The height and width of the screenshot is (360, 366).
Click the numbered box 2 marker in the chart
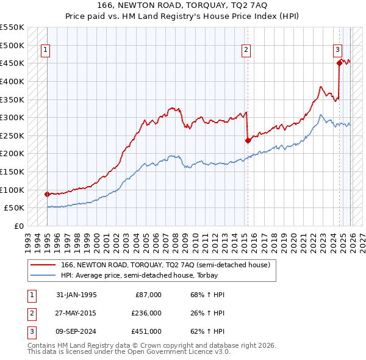click(x=246, y=51)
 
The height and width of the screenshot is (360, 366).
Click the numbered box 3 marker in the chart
click(x=337, y=51)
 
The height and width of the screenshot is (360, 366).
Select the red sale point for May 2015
click(x=248, y=140)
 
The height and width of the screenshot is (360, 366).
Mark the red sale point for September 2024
click(x=340, y=62)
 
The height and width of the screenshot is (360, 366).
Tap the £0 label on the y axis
click(x=18, y=226)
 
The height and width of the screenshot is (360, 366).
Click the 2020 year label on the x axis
click(x=295, y=238)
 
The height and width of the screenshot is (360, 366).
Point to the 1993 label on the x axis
click(x=28, y=238)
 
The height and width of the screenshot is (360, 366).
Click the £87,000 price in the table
click(x=148, y=295)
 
